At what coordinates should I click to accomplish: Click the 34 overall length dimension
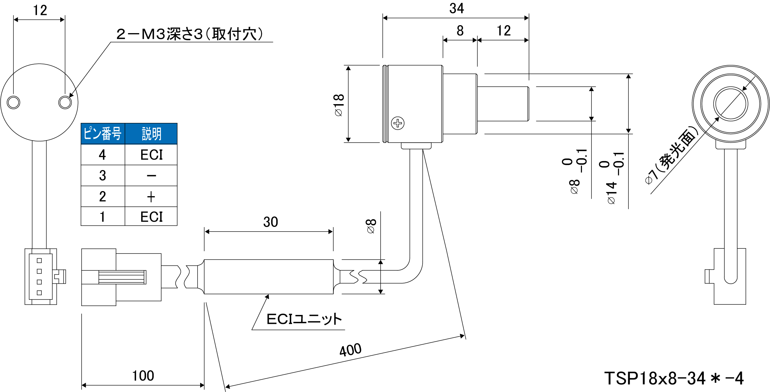click(456, 9)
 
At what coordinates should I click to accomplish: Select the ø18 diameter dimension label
click(339, 105)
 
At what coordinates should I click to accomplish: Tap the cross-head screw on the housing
click(398, 123)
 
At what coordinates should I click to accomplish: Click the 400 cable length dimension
click(350, 350)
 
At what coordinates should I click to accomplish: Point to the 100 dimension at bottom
click(143, 376)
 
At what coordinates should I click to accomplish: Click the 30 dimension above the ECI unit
click(271, 222)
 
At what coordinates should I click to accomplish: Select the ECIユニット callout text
click(304, 319)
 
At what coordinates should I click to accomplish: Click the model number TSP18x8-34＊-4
click(674, 378)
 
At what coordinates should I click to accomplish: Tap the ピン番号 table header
click(103, 134)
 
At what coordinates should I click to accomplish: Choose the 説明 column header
click(151, 134)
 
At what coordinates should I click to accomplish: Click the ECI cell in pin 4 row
click(151, 155)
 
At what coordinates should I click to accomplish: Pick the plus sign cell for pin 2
click(151, 197)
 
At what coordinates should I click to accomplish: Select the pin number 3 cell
click(103, 175)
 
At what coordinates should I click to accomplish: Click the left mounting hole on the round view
click(13, 103)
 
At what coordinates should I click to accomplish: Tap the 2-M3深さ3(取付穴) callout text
click(190, 34)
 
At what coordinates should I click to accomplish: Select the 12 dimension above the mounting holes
click(40, 11)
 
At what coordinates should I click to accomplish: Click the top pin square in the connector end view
click(39, 260)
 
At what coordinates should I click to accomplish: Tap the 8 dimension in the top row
click(460, 31)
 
